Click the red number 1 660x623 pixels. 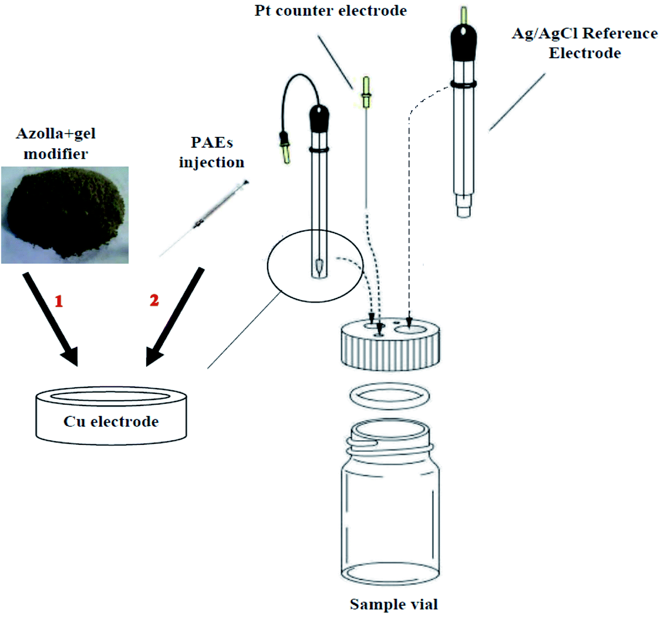[59, 301]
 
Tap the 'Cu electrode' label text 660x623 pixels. [111, 421]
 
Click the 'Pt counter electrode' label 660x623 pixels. [330, 10]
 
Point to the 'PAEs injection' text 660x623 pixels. [212, 152]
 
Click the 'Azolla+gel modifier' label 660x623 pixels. [56, 143]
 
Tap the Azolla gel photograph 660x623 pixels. [65, 215]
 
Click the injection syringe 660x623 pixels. [204, 218]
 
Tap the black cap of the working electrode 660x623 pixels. [319, 118]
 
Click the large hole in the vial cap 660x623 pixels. [411, 329]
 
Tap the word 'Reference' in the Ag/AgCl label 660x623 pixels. [620, 33]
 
